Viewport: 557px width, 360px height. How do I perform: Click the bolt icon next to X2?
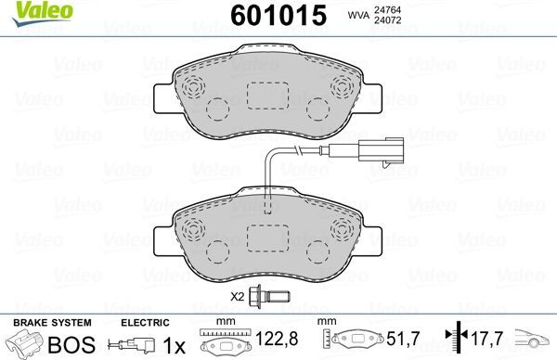pyautogui.click(x=273, y=298)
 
